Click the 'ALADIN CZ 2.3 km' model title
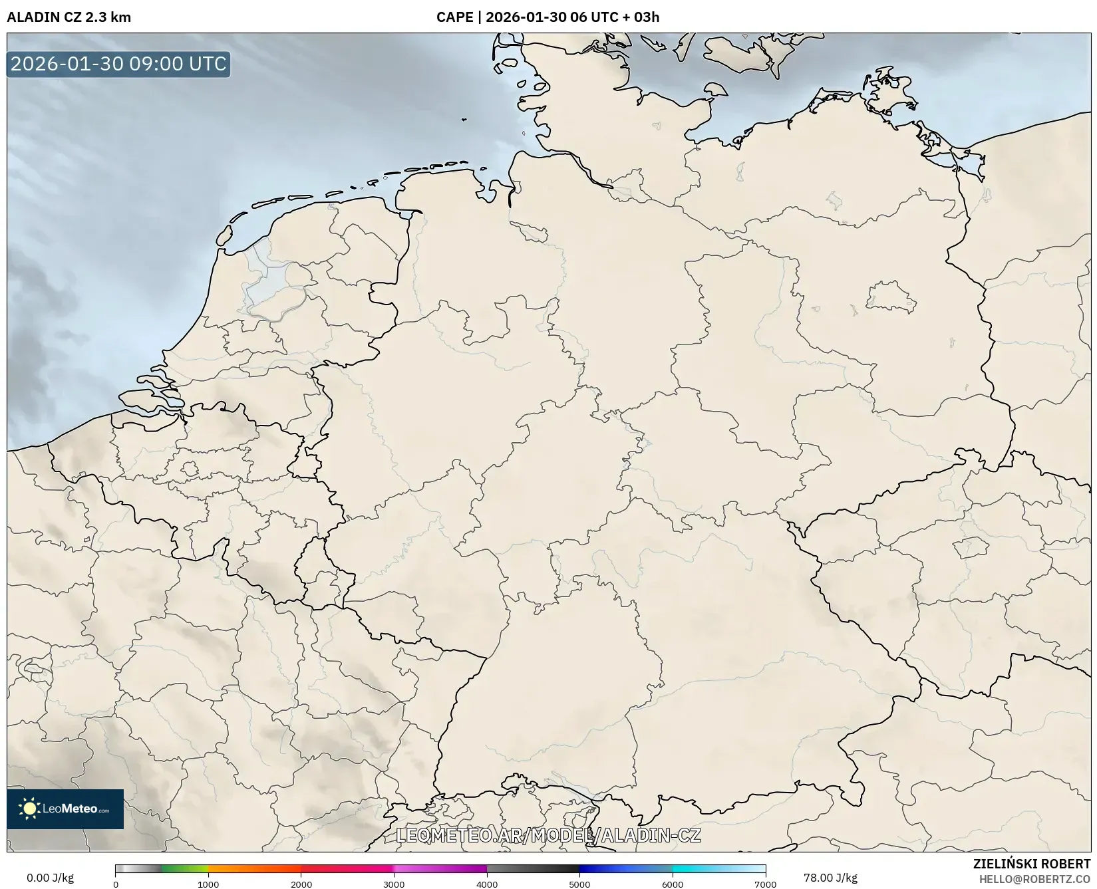[69, 17]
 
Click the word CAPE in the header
[454, 17]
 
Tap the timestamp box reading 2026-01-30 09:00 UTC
[118, 64]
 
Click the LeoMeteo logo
[65, 809]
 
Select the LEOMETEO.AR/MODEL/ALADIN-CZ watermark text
[548, 835]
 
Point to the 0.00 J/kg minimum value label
[50, 878]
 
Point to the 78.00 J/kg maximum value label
[830, 878]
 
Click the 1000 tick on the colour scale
[208, 884]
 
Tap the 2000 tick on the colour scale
[301, 884]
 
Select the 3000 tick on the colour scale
[394, 884]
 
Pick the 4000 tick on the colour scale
[487, 884]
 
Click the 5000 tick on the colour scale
[579, 884]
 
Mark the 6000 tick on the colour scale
[673, 884]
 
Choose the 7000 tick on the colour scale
[765, 884]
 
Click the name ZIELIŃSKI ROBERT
[1031, 864]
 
